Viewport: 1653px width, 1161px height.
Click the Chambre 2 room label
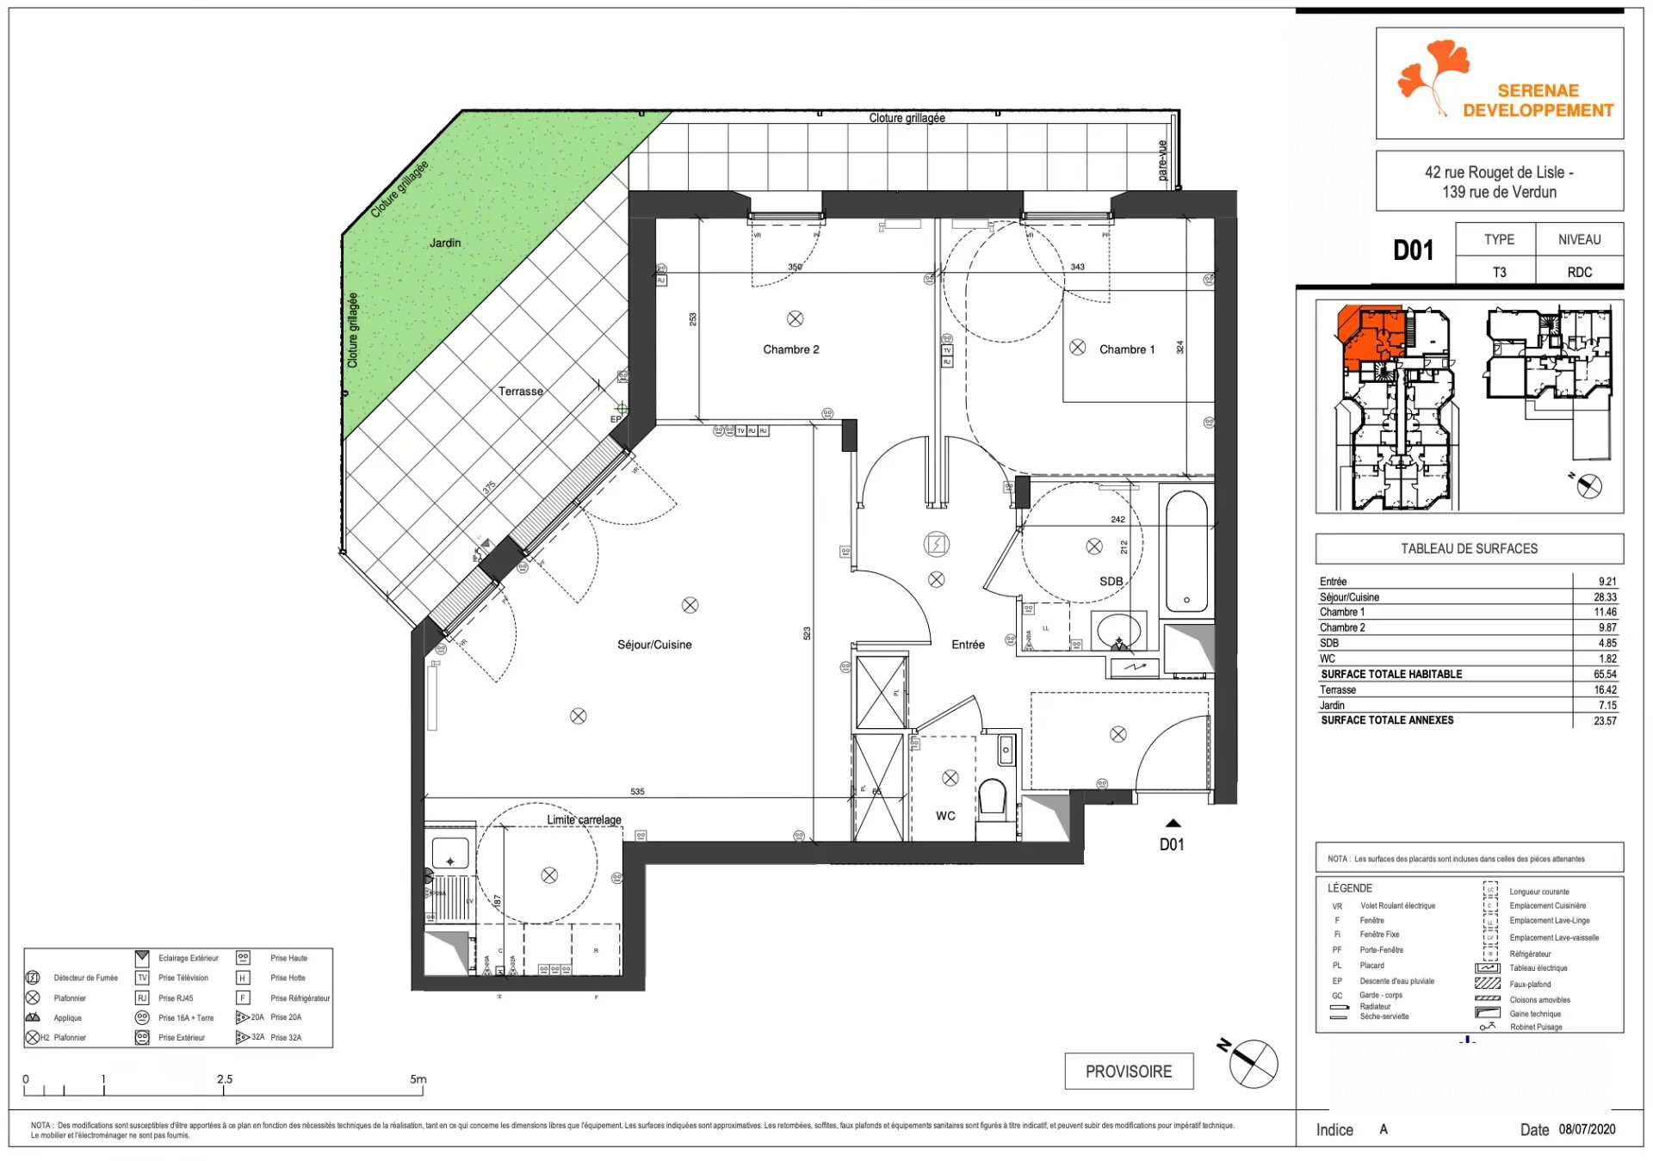point(790,349)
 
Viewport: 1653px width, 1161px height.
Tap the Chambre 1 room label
point(1126,349)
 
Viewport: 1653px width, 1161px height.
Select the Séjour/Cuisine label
point(654,645)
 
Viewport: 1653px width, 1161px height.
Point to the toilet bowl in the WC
point(993,796)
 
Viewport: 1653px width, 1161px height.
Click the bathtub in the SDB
point(1186,551)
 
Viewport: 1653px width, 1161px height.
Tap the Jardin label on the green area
point(445,243)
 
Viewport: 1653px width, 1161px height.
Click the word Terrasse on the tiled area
point(520,391)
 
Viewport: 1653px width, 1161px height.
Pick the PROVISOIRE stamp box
point(1128,1071)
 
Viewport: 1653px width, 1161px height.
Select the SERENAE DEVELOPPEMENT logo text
point(1538,101)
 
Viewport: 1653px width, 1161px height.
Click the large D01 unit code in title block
point(1413,250)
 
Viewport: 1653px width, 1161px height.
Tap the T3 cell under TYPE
point(1499,272)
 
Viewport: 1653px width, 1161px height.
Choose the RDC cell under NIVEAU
point(1579,272)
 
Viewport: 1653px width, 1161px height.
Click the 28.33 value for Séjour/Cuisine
point(1604,596)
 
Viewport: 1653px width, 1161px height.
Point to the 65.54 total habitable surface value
point(1604,674)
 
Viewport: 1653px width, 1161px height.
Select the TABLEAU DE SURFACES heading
point(1469,548)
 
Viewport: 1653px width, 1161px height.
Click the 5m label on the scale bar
point(418,1078)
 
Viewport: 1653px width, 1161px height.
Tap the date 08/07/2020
point(1587,1129)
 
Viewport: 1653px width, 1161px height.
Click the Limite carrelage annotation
point(584,819)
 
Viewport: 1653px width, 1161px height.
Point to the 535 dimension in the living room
point(637,791)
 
